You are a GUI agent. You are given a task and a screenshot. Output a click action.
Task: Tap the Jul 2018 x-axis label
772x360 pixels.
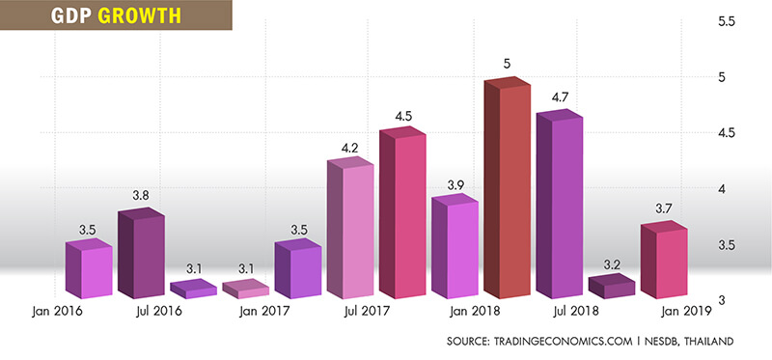click(x=575, y=311)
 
